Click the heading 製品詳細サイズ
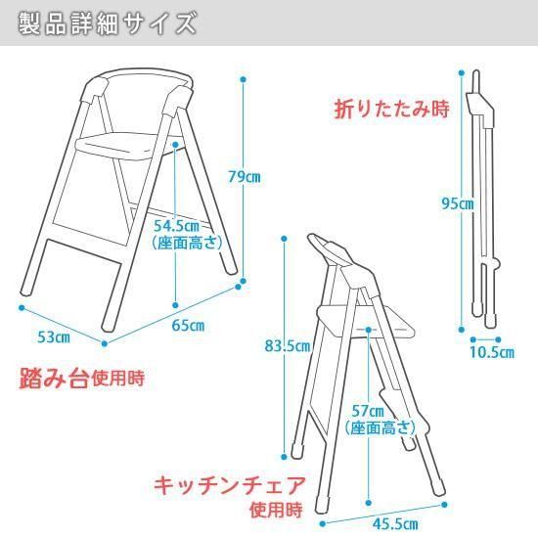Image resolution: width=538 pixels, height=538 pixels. pos(108,23)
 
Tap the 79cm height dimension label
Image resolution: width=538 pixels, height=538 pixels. pos(245,177)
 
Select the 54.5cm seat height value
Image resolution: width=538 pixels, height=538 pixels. pos(176,226)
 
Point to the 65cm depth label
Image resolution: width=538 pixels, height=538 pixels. pos(188,326)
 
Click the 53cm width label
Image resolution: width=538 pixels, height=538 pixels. pos(54,337)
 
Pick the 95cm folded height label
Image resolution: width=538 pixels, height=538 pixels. pos(458,203)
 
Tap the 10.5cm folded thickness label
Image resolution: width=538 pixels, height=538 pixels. pos(492,352)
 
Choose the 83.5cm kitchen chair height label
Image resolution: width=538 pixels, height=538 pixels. pos(288,346)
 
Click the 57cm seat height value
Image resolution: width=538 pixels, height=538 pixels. pos(368,411)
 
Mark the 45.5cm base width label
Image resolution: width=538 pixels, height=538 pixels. pos(395,524)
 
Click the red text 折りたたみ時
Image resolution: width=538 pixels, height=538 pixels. pos(392,110)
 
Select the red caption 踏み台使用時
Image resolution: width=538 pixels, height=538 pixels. pos(82,379)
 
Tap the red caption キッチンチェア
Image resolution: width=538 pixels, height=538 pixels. pos(230,486)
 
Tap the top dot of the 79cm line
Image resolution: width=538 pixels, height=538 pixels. pos(244,79)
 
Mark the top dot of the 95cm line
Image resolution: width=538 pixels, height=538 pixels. pos(462,72)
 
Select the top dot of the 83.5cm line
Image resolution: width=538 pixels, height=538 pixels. pos(284,239)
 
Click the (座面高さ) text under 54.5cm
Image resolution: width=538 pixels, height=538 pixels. pos(188,244)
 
